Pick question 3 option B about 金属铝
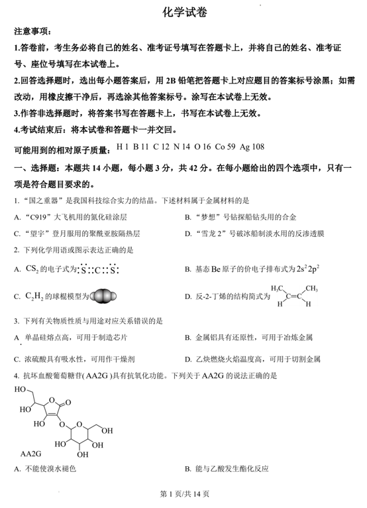click(252, 338)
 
